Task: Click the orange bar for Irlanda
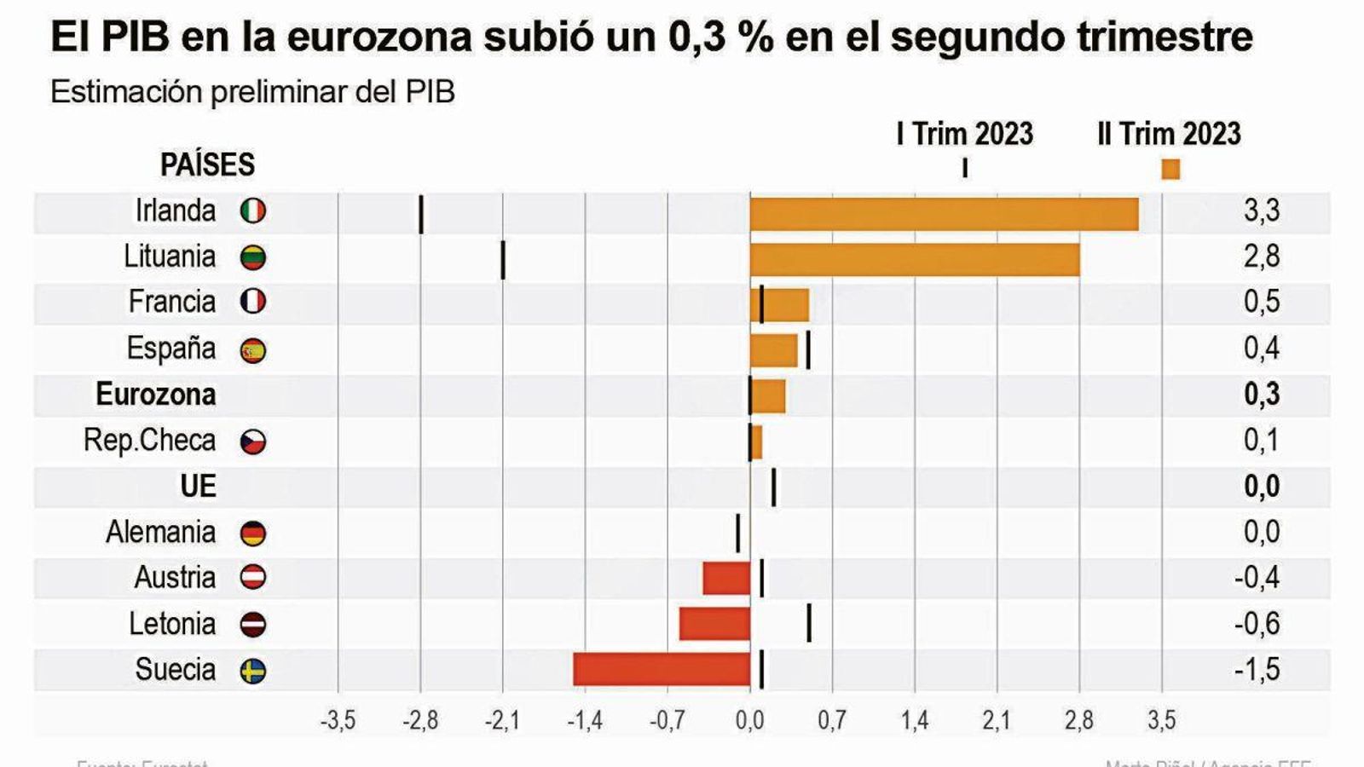[x=944, y=214]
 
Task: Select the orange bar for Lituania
[x=914, y=260]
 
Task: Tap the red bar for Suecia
[x=662, y=669]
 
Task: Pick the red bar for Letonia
[x=714, y=623]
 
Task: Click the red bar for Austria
[x=726, y=578]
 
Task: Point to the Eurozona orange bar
[x=768, y=396]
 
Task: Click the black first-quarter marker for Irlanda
[x=421, y=214]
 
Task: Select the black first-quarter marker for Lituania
[x=503, y=260]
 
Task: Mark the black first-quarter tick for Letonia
[x=808, y=623]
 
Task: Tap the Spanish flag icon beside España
[x=253, y=350]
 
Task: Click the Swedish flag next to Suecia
[x=253, y=672]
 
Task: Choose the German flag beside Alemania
[x=253, y=533]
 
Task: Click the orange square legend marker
[x=1171, y=169]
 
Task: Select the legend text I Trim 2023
[x=964, y=134]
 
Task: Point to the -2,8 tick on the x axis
[x=420, y=721]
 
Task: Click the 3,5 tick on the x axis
[x=1161, y=721]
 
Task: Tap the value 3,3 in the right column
[x=1262, y=210]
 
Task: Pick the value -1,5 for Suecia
[x=1257, y=670]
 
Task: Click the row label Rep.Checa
[x=149, y=441]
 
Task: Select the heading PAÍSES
[x=207, y=164]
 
